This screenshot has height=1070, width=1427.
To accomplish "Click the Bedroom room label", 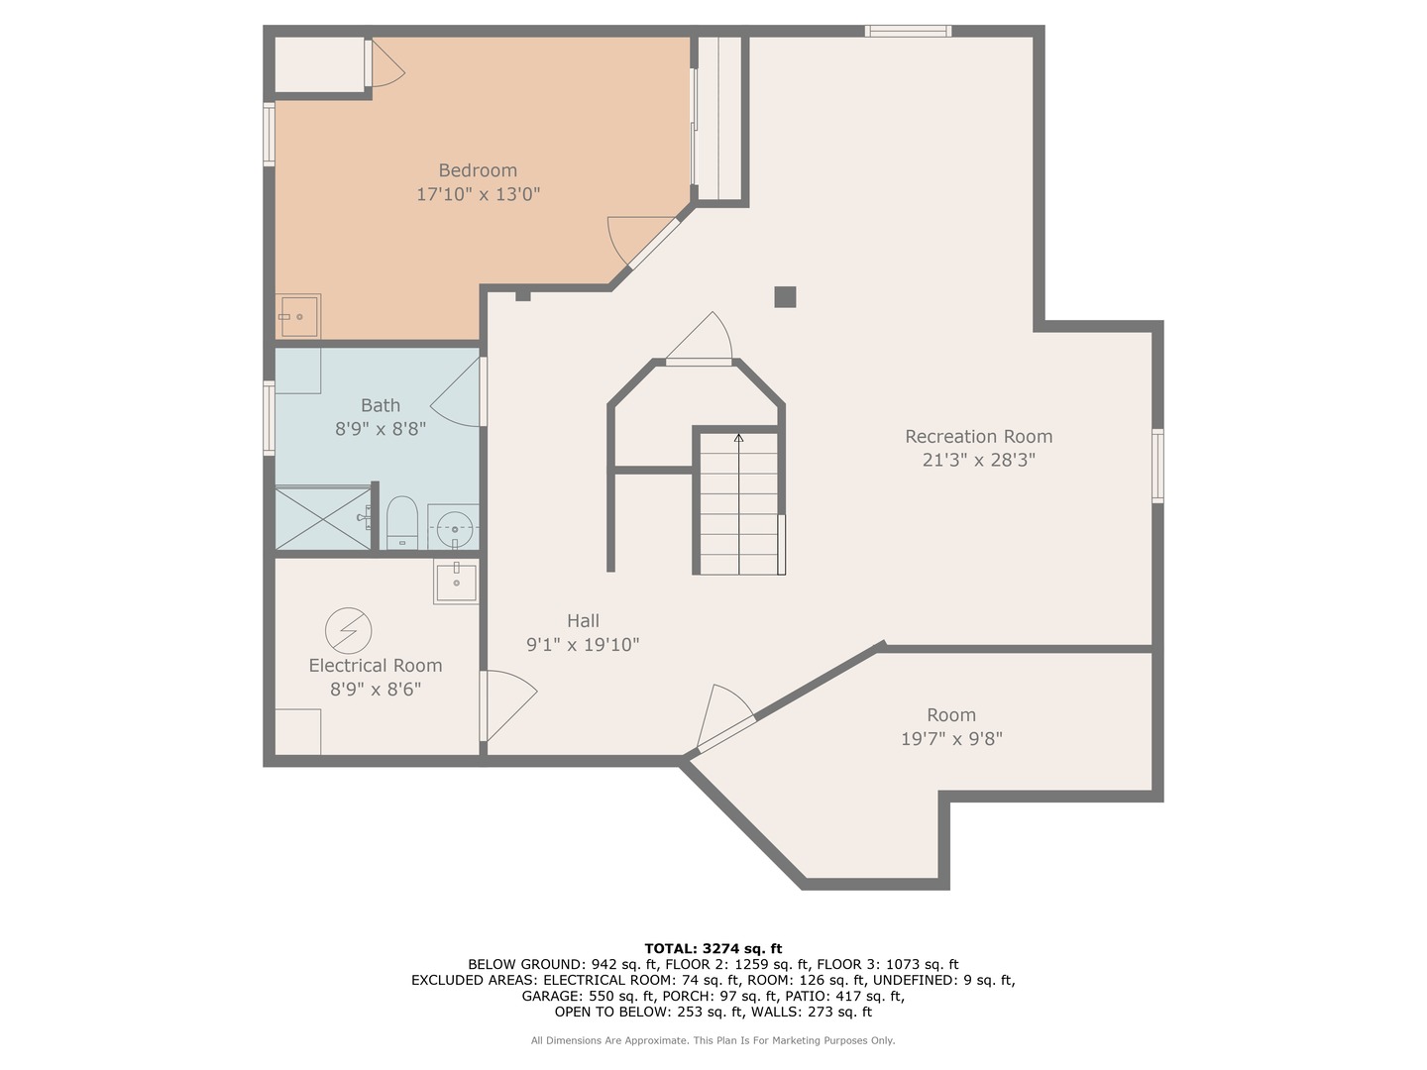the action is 478,170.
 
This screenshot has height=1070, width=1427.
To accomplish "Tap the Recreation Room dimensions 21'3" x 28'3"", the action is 978,460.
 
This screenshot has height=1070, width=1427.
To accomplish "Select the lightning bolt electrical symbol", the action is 349,630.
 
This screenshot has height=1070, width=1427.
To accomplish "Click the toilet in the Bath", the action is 401,522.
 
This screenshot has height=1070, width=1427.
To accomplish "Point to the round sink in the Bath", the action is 454,526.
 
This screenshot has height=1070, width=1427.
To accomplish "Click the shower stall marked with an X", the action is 322,518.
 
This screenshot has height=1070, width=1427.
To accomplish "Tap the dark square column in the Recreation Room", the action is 785,297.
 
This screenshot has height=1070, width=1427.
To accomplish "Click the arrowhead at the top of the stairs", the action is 738,438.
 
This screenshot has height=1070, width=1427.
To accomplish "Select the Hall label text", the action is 583,621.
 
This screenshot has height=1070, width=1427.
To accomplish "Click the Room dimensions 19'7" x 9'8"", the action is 951,739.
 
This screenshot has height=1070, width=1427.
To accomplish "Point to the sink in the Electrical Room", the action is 457,582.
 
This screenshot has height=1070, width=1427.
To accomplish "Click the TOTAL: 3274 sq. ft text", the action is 713,948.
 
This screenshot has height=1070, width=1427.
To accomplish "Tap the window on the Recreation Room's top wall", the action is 908,31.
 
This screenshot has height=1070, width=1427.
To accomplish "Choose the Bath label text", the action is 381,405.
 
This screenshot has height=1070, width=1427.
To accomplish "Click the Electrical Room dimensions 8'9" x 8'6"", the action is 376,690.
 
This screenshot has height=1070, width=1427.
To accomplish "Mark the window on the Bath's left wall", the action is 270,418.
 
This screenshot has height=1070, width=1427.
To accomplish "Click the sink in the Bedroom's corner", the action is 298,316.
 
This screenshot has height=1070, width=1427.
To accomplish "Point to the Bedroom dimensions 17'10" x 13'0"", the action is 478,194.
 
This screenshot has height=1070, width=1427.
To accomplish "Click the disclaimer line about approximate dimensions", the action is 713,1040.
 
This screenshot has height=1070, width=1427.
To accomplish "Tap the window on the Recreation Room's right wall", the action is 1157,466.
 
